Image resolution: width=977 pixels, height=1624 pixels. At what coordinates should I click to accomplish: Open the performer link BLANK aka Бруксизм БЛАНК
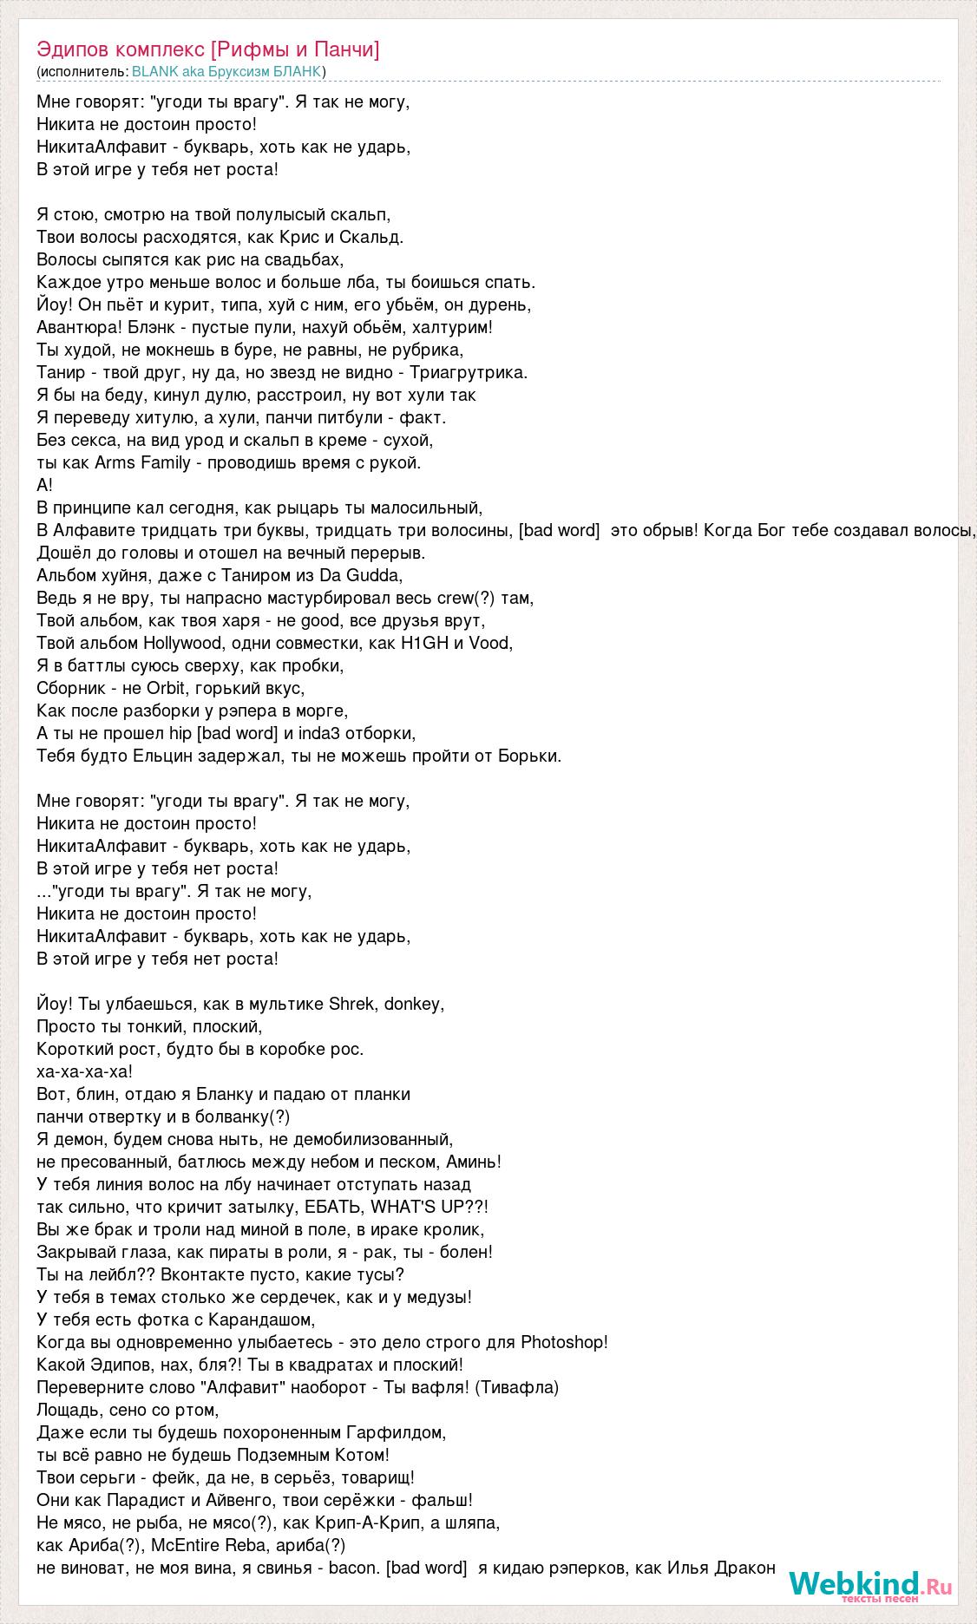click(226, 71)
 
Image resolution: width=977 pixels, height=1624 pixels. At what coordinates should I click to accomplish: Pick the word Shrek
click(351, 1004)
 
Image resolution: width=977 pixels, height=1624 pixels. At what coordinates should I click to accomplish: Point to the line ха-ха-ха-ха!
click(85, 1071)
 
